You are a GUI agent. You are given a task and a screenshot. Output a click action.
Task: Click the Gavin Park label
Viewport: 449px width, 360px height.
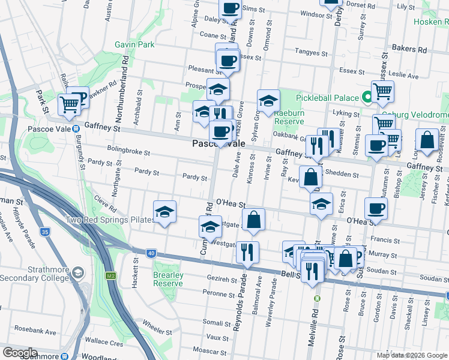point(135,44)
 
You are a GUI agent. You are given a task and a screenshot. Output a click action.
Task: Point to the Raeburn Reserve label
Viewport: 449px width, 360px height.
point(289,116)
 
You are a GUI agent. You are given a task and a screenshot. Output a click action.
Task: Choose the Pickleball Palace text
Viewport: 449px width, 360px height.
point(326,97)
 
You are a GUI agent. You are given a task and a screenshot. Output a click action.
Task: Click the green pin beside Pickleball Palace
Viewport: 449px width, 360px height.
point(366,97)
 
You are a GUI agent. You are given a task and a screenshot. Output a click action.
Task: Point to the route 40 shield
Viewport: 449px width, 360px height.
point(151,254)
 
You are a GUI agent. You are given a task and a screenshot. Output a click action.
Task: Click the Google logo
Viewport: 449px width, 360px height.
point(19,353)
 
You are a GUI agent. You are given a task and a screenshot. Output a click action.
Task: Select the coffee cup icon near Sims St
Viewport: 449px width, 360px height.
point(230,8)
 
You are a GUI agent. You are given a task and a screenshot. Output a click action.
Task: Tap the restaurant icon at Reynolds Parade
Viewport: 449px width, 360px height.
point(247,251)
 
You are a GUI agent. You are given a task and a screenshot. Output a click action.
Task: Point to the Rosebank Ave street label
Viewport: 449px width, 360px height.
point(35,331)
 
